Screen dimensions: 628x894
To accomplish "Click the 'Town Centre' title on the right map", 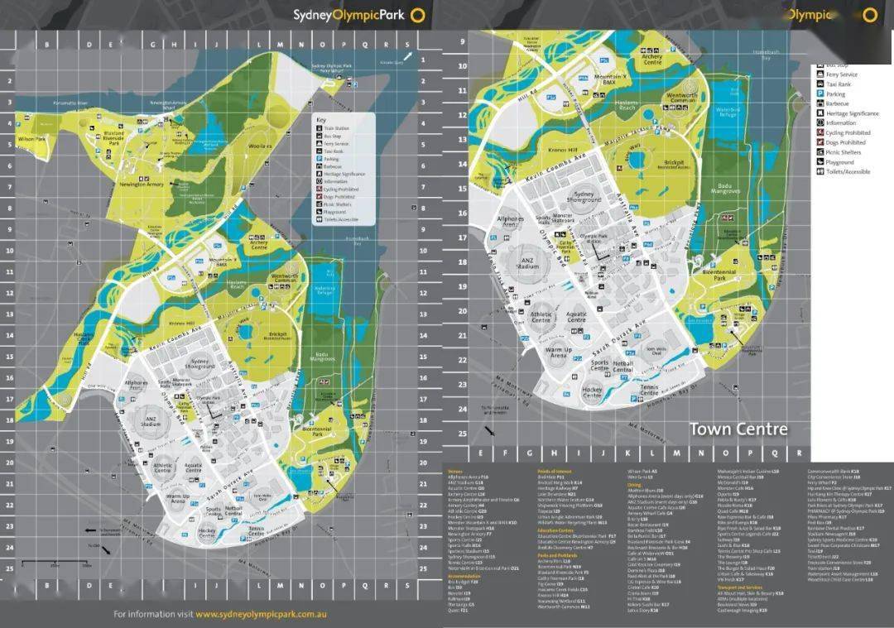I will tap(738, 429).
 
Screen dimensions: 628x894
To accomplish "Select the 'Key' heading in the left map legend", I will tap(321, 120).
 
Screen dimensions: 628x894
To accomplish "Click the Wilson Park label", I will tap(31, 140).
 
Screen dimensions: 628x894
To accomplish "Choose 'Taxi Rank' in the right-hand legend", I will tap(838, 84).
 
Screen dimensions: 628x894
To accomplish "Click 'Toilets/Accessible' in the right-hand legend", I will tap(848, 172).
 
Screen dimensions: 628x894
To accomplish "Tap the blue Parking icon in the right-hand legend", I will tap(819, 94).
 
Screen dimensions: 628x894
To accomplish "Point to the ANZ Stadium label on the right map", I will tap(528, 264).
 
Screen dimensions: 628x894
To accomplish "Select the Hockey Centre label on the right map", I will tap(592, 393).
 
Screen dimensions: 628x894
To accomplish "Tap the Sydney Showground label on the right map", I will tap(584, 196).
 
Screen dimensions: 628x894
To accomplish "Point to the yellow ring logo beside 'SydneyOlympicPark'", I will tap(419, 14).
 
